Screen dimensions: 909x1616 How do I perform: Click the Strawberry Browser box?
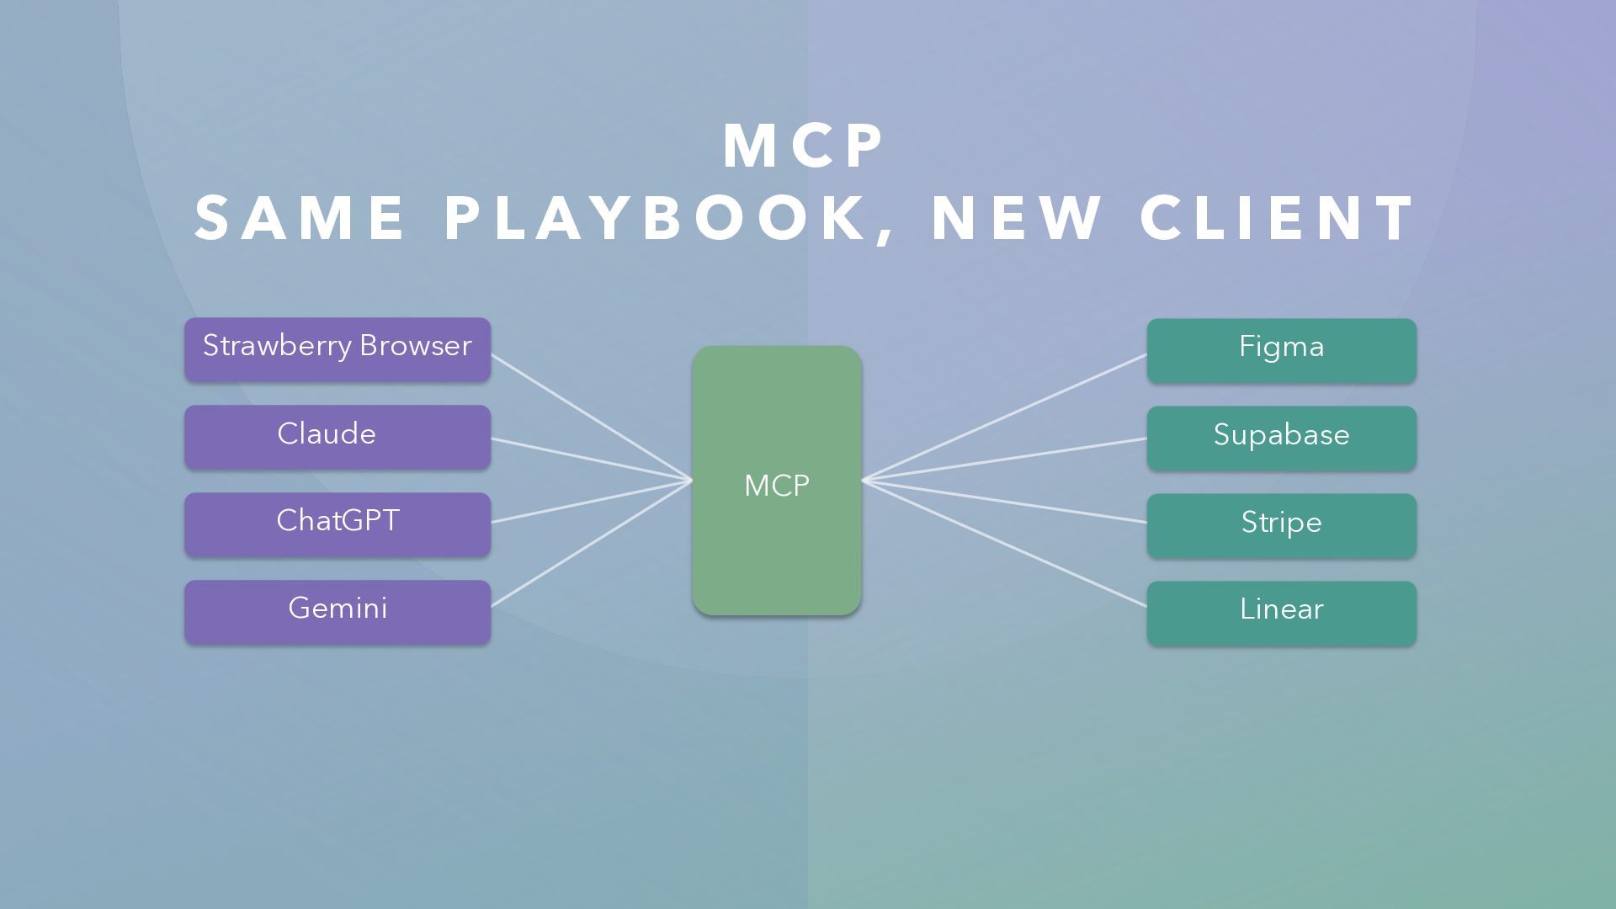337,349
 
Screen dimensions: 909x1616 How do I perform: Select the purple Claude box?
337,437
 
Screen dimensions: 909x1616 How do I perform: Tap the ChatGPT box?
337,524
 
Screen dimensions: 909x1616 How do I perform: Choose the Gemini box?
337,611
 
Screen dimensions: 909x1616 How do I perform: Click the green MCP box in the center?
776,481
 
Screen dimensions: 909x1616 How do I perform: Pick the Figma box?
1281,350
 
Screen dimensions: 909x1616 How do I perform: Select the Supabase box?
1281,438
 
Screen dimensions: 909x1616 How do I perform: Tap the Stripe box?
1281,525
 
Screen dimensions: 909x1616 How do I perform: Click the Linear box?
1281,613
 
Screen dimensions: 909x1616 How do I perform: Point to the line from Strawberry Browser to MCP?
591,417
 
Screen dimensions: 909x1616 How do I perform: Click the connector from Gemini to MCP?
591,543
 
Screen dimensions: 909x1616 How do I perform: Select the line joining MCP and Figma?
1004,417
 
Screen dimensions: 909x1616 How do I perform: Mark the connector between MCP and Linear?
1004,543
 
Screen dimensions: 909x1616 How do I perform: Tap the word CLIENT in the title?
1278,218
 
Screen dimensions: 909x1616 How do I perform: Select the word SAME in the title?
300,218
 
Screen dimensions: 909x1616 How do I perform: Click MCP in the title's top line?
804,146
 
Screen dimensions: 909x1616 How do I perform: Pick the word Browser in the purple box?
415,346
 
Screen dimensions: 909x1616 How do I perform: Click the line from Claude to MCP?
591,460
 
